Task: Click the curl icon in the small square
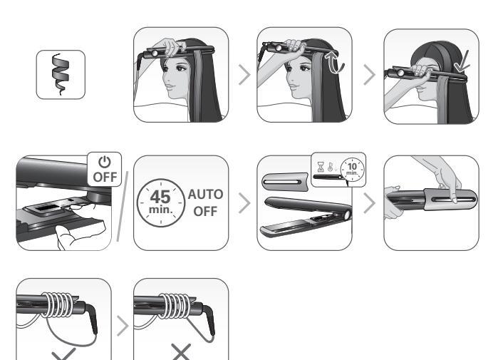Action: pyautogui.click(x=60, y=74)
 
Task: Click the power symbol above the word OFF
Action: pyautogui.click(x=105, y=162)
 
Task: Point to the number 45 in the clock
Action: pyautogui.click(x=160, y=197)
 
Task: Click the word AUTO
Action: pyautogui.click(x=205, y=195)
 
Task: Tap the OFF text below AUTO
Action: pyautogui.click(x=205, y=211)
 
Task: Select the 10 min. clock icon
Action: pyautogui.click(x=352, y=169)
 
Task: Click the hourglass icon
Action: pyautogui.click(x=321, y=167)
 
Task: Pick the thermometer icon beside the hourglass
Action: pyautogui.click(x=331, y=167)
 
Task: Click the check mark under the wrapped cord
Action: pyautogui.click(x=63, y=354)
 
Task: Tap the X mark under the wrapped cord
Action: pyautogui.click(x=181, y=352)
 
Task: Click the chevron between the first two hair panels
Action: pyautogui.click(x=244, y=75)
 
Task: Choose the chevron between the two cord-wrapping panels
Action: pyautogui.click(x=123, y=326)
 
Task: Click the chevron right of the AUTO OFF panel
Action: pyautogui.click(x=244, y=203)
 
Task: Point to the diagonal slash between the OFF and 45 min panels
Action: pyautogui.click(x=123, y=206)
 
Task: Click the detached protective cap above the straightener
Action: pyautogui.click(x=285, y=182)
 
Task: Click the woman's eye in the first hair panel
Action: pyautogui.click(x=179, y=68)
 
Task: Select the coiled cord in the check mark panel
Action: pyautogui.click(x=58, y=305)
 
